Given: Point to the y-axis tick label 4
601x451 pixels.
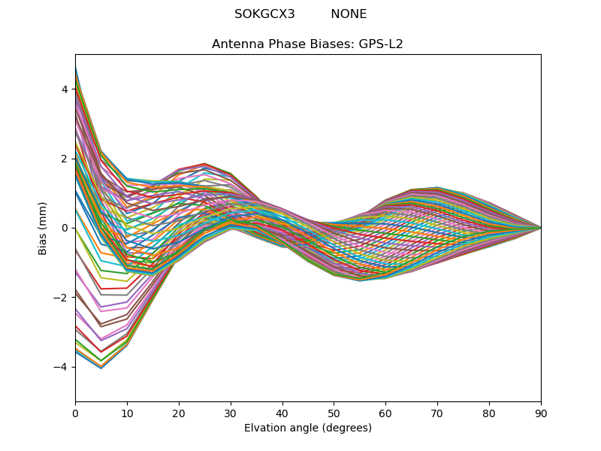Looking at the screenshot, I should coord(65,89).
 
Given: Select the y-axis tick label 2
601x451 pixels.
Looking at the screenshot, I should coord(65,159).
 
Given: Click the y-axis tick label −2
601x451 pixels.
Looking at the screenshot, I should coord(62,298).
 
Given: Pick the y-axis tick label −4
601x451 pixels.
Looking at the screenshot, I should coord(62,367).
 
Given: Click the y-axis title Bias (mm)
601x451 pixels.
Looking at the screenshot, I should coord(43,228).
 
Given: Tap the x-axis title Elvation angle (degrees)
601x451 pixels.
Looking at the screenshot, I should coord(308,428).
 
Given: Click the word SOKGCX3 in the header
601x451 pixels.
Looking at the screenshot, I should coord(264,14).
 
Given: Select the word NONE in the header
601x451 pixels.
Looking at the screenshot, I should coord(349,14).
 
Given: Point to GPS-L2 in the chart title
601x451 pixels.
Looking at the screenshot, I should coord(381,44).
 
